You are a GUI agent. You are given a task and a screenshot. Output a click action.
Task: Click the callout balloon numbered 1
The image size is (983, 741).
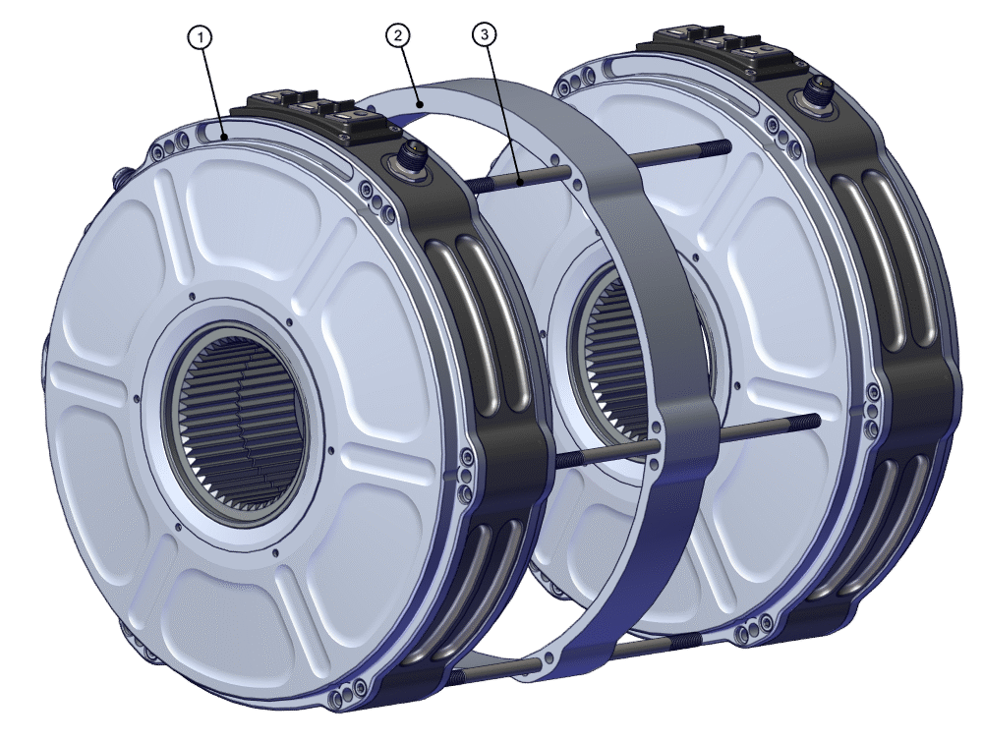[201, 37]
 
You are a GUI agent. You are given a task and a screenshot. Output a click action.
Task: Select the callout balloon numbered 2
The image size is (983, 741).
[397, 36]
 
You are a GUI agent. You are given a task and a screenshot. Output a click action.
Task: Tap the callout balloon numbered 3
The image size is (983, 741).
[483, 36]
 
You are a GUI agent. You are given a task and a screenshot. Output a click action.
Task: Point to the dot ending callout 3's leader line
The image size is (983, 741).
[517, 179]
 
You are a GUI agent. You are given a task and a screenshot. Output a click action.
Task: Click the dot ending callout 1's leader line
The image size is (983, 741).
[225, 136]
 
